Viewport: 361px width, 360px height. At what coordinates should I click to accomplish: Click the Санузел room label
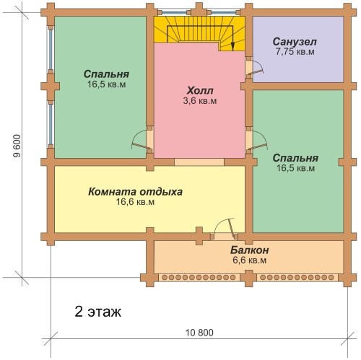click(x=295, y=42)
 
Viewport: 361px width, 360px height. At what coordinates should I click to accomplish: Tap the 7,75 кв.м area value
click(x=295, y=52)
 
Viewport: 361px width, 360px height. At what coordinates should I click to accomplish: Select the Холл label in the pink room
click(x=200, y=91)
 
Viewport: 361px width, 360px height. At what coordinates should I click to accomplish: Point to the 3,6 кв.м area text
click(x=200, y=101)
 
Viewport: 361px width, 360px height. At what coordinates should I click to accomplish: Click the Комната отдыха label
click(x=135, y=192)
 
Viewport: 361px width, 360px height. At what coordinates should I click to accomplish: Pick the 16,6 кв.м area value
click(x=135, y=202)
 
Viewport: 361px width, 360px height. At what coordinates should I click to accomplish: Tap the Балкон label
click(x=249, y=250)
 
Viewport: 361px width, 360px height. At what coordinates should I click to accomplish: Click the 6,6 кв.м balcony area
click(x=249, y=260)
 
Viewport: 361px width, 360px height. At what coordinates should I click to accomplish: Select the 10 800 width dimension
click(x=199, y=333)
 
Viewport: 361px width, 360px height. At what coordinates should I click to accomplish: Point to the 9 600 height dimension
click(x=17, y=146)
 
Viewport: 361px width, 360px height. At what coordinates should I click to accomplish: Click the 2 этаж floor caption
click(x=98, y=312)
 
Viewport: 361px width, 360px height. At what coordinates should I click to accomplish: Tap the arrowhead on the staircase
click(x=232, y=47)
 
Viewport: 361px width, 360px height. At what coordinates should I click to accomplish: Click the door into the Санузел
click(x=255, y=67)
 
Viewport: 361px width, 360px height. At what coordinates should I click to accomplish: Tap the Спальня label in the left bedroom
click(x=106, y=74)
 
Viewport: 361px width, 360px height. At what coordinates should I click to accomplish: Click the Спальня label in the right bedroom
click(x=295, y=158)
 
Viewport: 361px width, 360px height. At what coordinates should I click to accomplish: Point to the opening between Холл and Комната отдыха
click(x=199, y=162)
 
